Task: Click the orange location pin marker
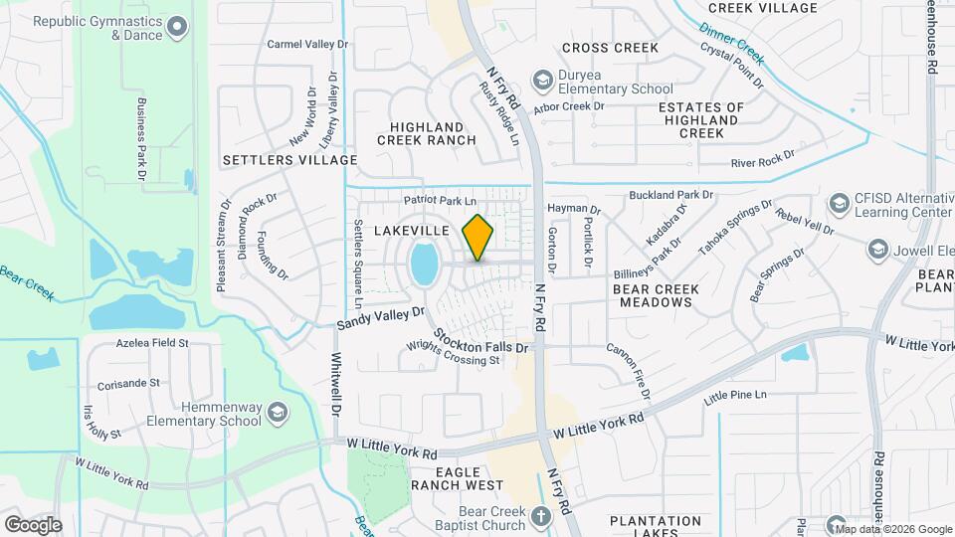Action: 477,238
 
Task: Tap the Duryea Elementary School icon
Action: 543,79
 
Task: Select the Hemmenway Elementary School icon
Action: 279,413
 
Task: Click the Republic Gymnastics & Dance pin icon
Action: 178,27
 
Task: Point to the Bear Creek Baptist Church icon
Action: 540,515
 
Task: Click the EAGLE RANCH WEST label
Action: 457,478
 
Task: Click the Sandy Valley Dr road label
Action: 380,318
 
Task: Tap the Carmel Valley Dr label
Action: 308,44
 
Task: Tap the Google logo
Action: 33,524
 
